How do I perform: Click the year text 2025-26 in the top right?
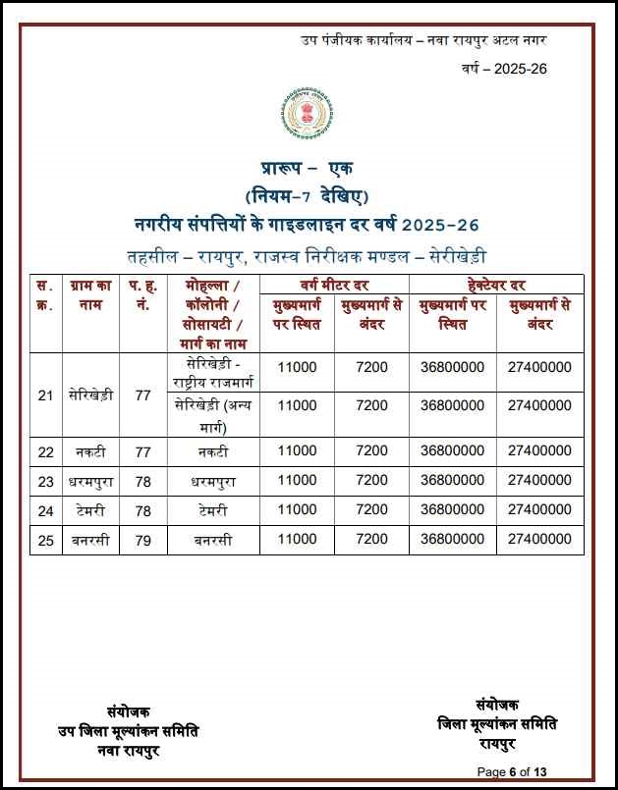(x=504, y=69)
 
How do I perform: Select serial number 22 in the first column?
(x=45, y=451)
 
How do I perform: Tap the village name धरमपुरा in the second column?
(x=90, y=481)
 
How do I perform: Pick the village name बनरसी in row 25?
(x=90, y=539)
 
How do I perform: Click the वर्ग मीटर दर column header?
(x=334, y=285)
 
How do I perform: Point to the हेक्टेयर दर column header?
(x=496, y=285)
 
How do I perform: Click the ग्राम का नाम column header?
(x=90, y=294)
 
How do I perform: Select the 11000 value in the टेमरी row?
(x=297, y=509)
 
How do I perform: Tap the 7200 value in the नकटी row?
(x=371, y=451)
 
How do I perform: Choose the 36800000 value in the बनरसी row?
(x=452, y=539)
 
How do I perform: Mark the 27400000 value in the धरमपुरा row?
(x=539, y=481)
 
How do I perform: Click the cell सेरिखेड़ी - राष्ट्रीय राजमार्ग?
(x=213, y=374)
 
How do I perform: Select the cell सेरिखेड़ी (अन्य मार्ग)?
(x=213, y=415)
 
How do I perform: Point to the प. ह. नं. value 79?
(x=143, y=539)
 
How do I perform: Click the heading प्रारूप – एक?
(x=308, y=170)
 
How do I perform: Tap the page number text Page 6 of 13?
(x=518, y=771)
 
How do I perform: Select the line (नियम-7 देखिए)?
(x=308, y=194)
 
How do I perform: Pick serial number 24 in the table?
(x=45, y=509)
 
